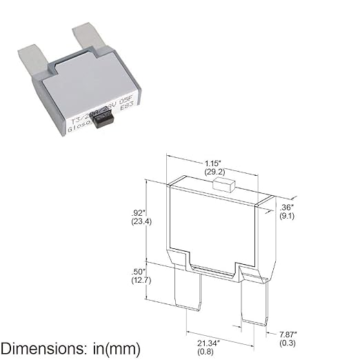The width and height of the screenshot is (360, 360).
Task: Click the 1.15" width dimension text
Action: [x=213, y=163]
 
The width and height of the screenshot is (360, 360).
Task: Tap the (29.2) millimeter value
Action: [x=213, y=172]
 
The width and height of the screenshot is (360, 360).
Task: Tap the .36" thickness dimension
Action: [x=288, y=206]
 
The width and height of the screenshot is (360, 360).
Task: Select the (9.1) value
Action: [x=288, y=215]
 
